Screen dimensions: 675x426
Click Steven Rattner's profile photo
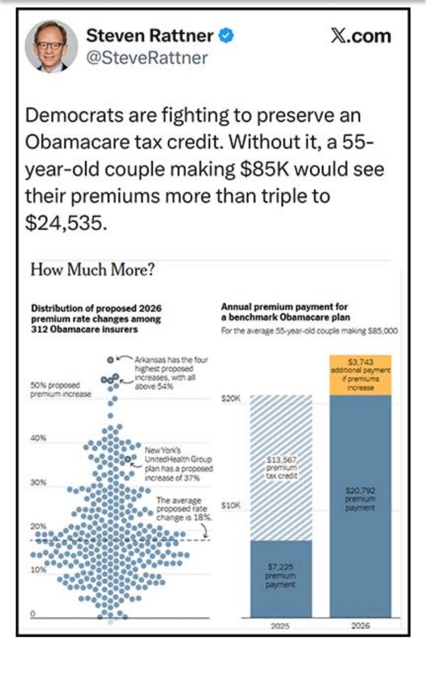pos(51,47)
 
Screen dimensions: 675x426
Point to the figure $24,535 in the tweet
pos(65,223)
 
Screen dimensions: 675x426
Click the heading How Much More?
pos(94,271)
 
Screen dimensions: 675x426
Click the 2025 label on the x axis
pos(280,626)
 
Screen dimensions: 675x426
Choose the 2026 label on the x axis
pos(361,626)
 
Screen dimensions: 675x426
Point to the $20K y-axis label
pos(232,399)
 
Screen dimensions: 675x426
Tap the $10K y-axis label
pos(232,505)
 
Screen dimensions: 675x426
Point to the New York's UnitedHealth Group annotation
pos(177,463)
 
